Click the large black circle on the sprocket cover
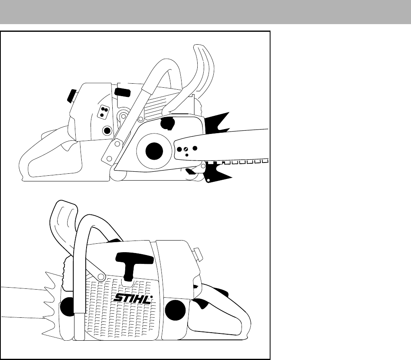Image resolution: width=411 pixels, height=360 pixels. click(154, 151)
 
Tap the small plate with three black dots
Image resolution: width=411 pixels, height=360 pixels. click(104, 111)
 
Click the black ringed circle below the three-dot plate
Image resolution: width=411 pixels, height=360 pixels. click(107, 130)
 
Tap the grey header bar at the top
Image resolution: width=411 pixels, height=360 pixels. click(205, 12)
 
